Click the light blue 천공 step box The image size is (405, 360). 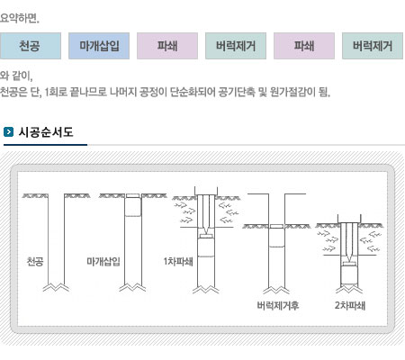tap(31, 46)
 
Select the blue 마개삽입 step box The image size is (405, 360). tap(99, 46)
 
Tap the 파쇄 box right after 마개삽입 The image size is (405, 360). tap(167, 46)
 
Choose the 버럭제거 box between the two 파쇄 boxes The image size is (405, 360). tap(236, 46)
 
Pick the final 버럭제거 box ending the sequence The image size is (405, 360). tap(373, 46)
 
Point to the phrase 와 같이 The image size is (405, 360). tap(16, 76)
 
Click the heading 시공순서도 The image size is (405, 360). tap(46, 132)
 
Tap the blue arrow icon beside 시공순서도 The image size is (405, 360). tap(8, 132)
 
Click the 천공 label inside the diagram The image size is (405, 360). tap(35, 261)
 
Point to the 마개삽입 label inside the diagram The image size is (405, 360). tap(103, 261)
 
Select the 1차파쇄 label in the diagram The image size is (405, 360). tap(178, 261)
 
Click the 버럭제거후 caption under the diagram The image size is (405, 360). tap(278, 305)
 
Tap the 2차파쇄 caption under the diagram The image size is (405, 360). tap(350, 305)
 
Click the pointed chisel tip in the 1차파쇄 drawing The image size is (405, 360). tap(206, 233)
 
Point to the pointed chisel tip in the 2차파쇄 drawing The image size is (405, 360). tap(349, 261)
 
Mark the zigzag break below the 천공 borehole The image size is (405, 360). tap(56, 287)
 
